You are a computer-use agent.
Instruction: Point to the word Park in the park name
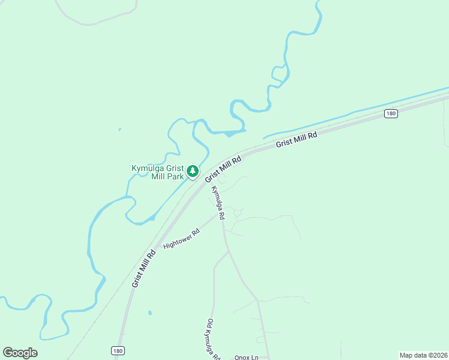click(173, 177)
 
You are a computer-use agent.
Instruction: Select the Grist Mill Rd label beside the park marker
click(223, 169)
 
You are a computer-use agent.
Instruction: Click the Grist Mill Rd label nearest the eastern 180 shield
click(296, 140)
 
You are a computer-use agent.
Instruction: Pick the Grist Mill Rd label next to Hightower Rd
click(144, 269)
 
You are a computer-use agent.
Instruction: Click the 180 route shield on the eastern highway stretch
click(391, 113)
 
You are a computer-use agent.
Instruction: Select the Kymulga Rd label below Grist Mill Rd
click(217, 202)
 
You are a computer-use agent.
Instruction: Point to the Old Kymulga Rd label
click(214, 340)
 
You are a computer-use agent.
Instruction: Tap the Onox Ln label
click(246, 358)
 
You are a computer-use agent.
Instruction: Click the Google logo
click(20, 353)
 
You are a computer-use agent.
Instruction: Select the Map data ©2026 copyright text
click(423, 355)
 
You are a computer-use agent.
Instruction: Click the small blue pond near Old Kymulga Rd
click(149, 313)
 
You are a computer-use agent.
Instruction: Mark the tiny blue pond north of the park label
click(119, 129)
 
